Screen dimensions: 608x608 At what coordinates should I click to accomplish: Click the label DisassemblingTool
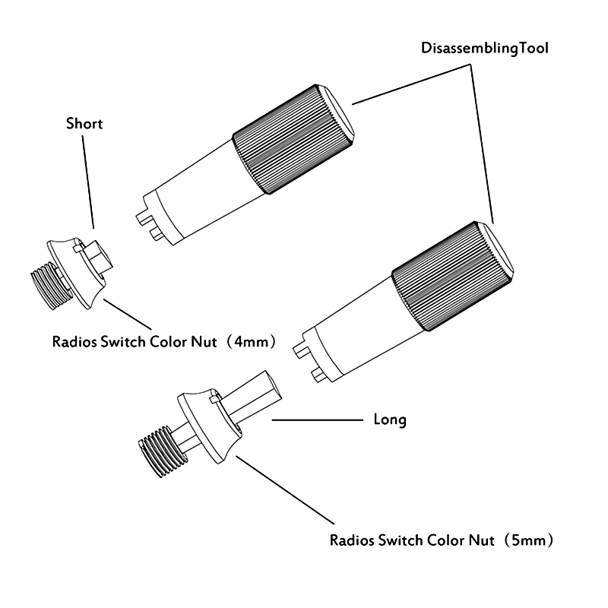[485, 47]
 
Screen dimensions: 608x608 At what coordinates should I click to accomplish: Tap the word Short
[84, 123]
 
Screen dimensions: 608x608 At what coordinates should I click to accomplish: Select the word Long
[390, 419]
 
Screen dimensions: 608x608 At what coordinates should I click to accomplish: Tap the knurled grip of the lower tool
[448, 278]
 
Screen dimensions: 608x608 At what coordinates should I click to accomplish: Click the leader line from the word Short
[88, 179]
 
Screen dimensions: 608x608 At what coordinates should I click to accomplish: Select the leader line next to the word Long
[315, 419]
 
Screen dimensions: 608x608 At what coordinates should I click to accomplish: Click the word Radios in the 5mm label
[353, 541]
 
